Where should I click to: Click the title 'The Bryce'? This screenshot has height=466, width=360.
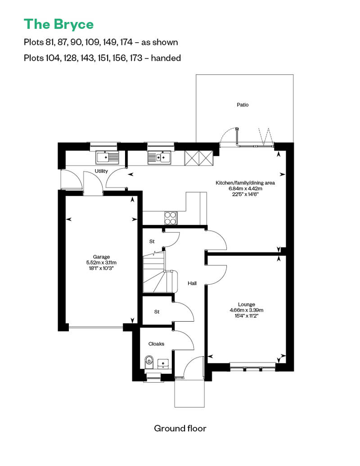tap(58, 24)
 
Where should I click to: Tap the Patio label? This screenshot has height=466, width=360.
tap(243, 105)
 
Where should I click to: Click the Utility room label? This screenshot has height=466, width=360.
tap(101, 171)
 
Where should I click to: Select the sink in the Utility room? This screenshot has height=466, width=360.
tap(107, 157)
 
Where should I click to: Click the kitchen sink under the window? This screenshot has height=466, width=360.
tap(159, 157)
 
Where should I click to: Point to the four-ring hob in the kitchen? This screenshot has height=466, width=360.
tap(171, 218)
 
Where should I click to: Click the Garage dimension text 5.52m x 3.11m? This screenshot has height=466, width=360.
tap(101, 263)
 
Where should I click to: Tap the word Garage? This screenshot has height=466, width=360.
tap(101, 257)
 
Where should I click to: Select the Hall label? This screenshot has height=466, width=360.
tap(192, 283)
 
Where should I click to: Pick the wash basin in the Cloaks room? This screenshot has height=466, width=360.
tap(163, 363)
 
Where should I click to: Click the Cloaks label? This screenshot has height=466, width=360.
tap(156, 344)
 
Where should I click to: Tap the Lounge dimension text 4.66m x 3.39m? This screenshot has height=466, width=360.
tap(247, 310)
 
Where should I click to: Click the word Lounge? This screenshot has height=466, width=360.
tap(247, 305)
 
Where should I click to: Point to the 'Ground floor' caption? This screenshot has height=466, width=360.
tap(180, 428)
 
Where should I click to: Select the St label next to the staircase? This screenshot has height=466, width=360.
tap(152, 242)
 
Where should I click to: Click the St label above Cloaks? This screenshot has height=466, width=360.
tap(157, 312)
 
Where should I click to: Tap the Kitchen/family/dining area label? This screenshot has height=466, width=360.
tap(245, 183)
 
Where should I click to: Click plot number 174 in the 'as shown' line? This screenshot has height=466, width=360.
tap(126, 42)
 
